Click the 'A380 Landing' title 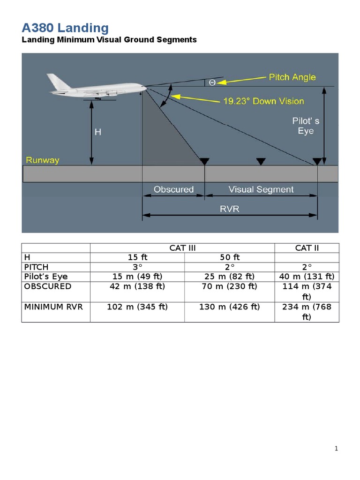tap(65, 28)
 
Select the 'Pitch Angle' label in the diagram tap(292, 77)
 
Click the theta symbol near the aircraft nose tap(212, 82)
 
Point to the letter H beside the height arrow tap(98, 132)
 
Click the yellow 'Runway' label tap(43, 160)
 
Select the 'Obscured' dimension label tap(173, 189)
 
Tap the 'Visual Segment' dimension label tap(261, 189)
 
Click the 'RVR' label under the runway tap(230, 209)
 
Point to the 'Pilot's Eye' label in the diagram tap(306, 126)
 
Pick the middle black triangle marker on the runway tap(261, 161)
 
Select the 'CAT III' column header tap(182, 248)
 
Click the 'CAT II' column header tap(307, 248)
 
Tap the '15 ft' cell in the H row tap(137, 257)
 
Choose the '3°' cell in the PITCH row tap(137, 267)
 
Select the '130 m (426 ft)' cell tap(229, 307)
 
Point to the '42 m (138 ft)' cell tap(137, 286)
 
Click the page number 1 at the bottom tap(336, 449)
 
